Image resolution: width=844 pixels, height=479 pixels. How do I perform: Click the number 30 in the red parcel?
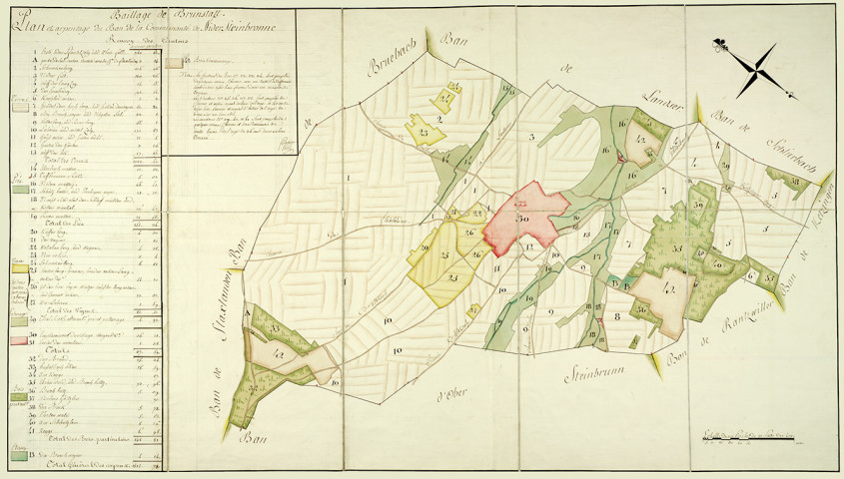point(520,217)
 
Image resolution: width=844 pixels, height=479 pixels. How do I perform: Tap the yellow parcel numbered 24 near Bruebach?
point(424,132)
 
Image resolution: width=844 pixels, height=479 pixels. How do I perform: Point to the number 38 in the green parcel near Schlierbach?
point(798,181)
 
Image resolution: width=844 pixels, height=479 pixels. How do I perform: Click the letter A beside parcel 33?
point(247,311)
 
